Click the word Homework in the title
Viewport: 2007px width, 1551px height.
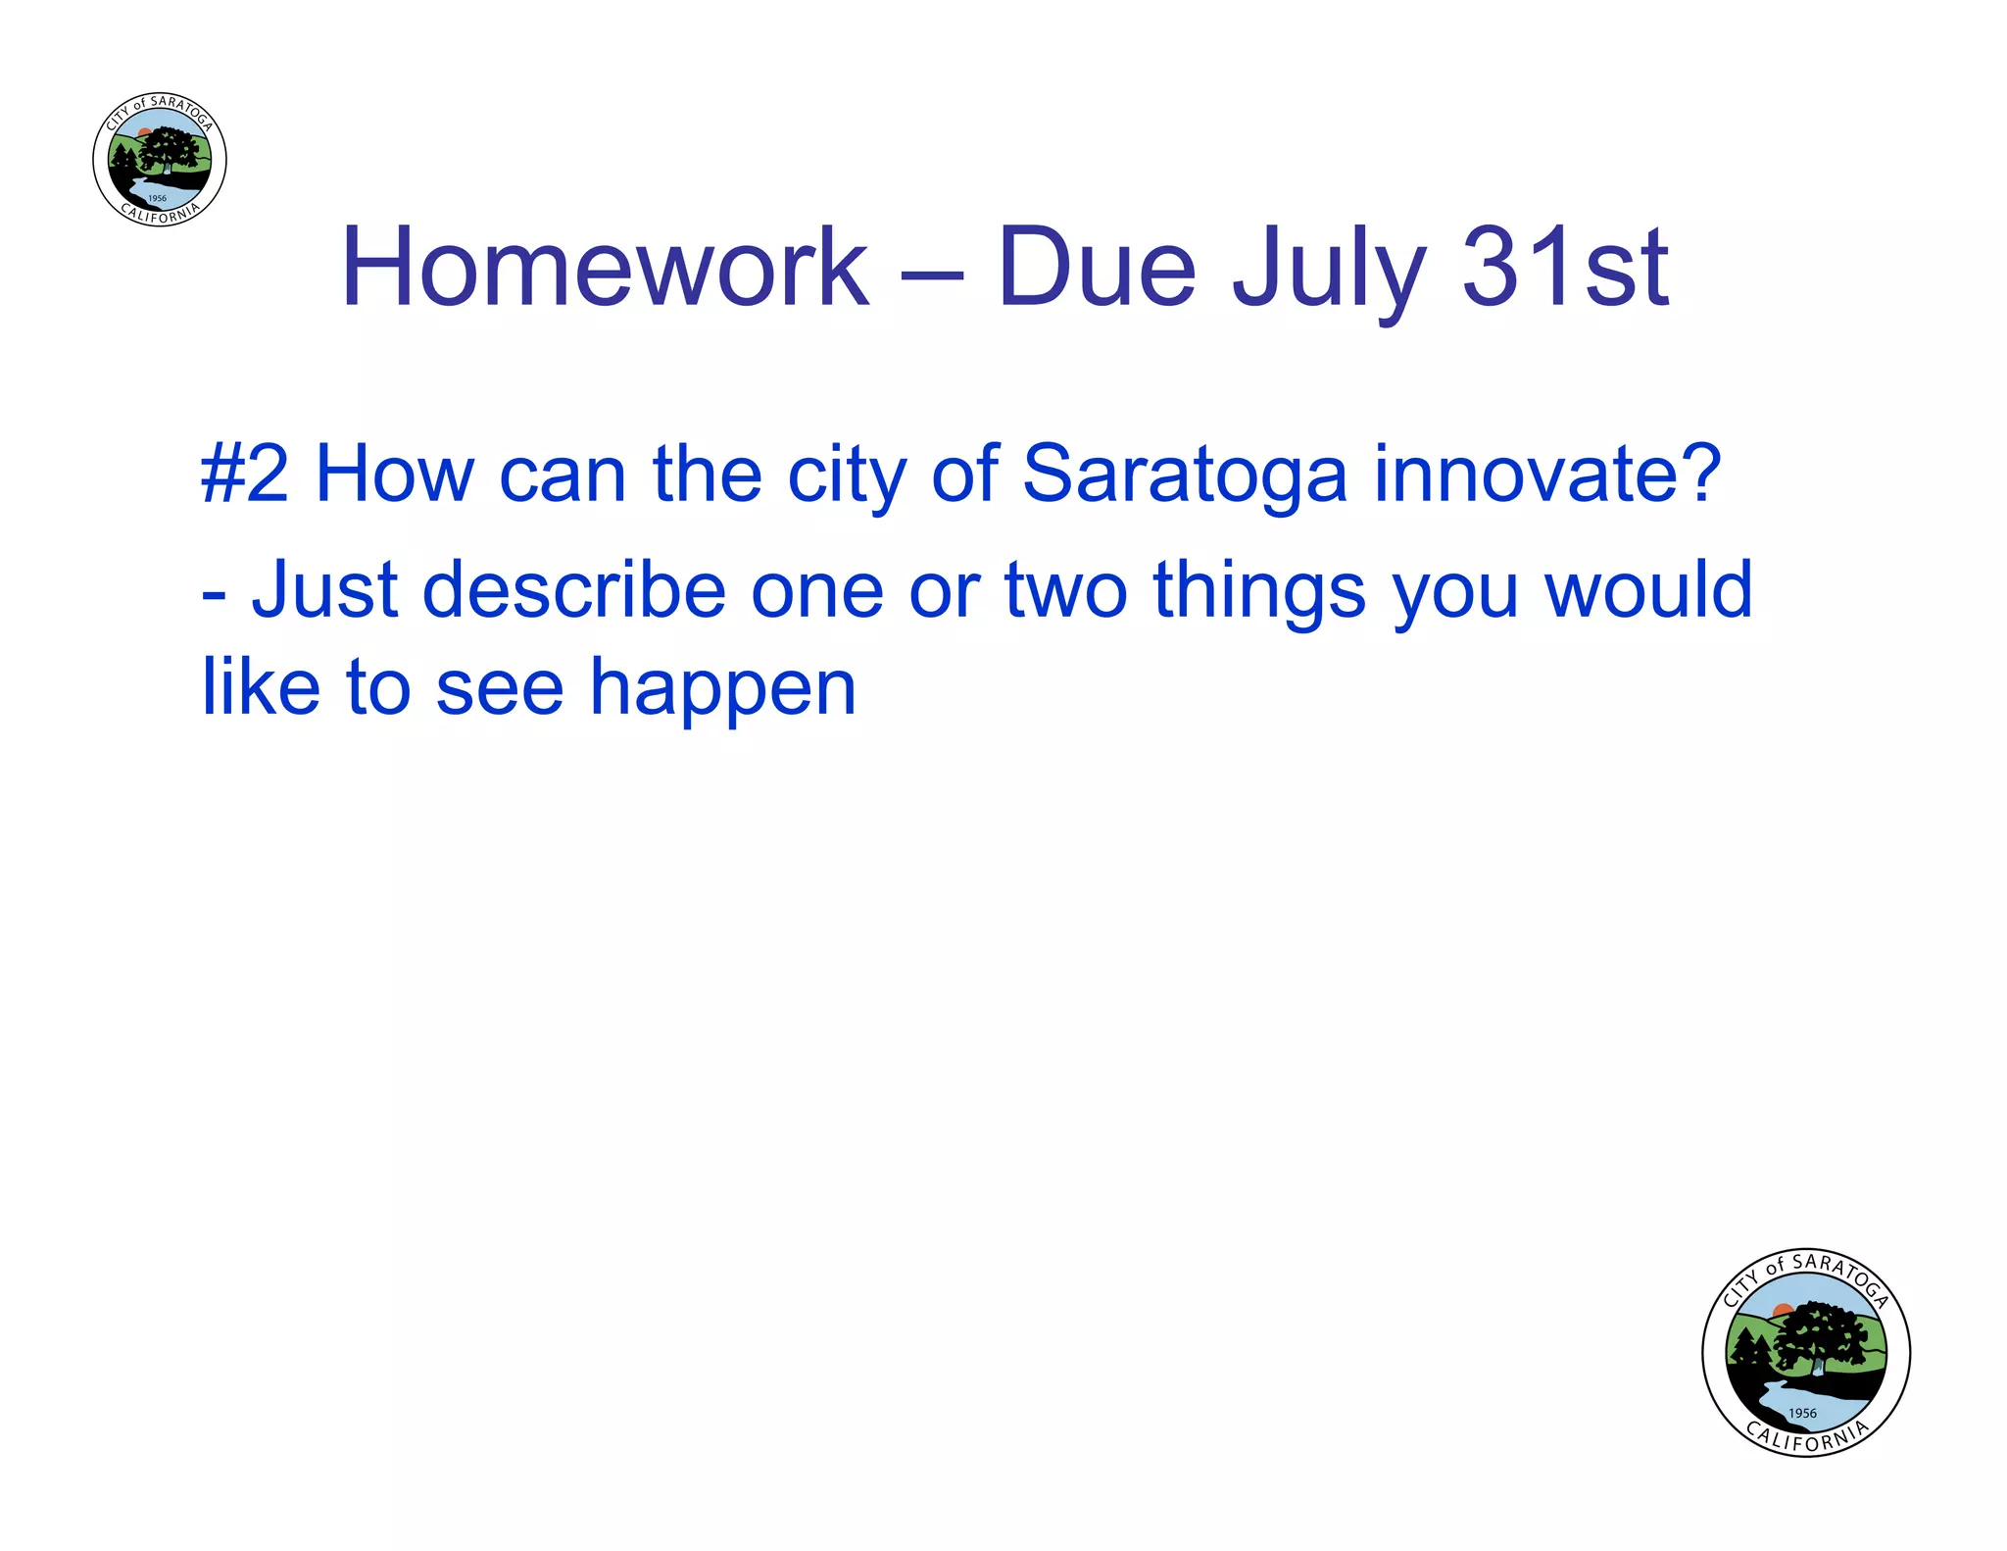point(605,268)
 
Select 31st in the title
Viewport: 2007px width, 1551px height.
point(1565,268)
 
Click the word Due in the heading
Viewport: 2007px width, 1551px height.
point(1097,268)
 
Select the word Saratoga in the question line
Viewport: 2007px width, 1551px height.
point(1184,475)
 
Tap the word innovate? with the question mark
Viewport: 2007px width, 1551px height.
point(1547,475)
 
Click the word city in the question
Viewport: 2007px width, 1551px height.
point(847,475)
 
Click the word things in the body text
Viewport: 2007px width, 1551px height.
point(1259,590)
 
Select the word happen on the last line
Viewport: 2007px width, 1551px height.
point(722,689)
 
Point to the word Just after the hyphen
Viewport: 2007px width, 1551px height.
point(324,590)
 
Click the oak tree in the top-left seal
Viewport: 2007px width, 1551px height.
point(170,152)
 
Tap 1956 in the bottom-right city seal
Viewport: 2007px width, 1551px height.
point(1802,1413)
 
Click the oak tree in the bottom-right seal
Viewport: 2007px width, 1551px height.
point(1821,1335)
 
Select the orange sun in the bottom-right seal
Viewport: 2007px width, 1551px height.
point(1783,1310)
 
